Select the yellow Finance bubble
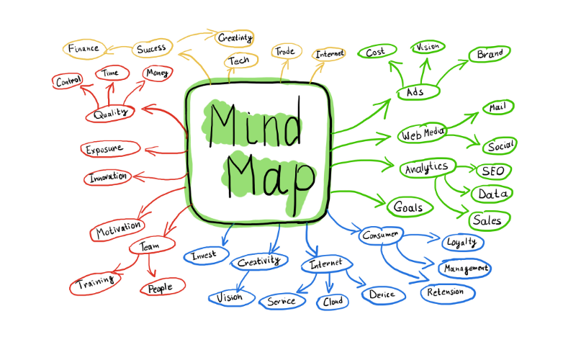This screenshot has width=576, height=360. [84, 49]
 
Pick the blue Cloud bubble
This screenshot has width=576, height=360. [333, 301]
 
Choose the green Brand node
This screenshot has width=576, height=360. [490, 54]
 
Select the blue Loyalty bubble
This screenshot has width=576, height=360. [462, 242]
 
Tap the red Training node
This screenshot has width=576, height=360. [96, 284]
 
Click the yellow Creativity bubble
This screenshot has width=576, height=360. [235, 37]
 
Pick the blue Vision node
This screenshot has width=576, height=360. [230, 297]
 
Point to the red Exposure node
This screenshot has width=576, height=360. [111, 149]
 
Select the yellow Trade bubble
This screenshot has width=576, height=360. [286, 51]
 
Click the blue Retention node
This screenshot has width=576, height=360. [451, 292]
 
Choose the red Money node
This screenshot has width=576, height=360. [157, 73]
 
